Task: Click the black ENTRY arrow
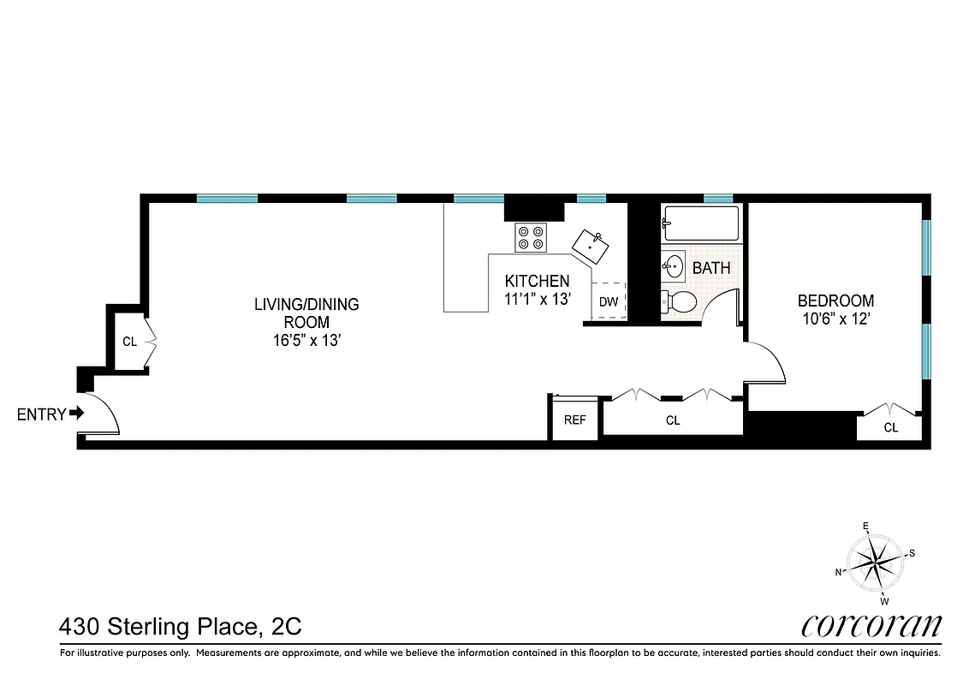[x=77, y=414]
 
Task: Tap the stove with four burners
[x=531, y=236]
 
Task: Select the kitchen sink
[x=591, y=246]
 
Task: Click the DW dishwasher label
[x=609, y=302]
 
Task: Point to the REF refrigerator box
[x=574, y=420]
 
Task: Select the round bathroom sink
[x=675, y=267]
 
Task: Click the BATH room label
[x=711, y=268]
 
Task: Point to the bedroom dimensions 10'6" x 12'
[x=835, y=319]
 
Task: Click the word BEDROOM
[x=835, y=301]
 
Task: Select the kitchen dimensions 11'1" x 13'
[x=537, y=299]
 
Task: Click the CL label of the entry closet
[x=129, y=342]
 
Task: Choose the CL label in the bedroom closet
[x=891, y=427]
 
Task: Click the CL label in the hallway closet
[x=673, y=420]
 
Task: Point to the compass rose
[x=875, y=563]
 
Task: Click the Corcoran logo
[x=871, y=626]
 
